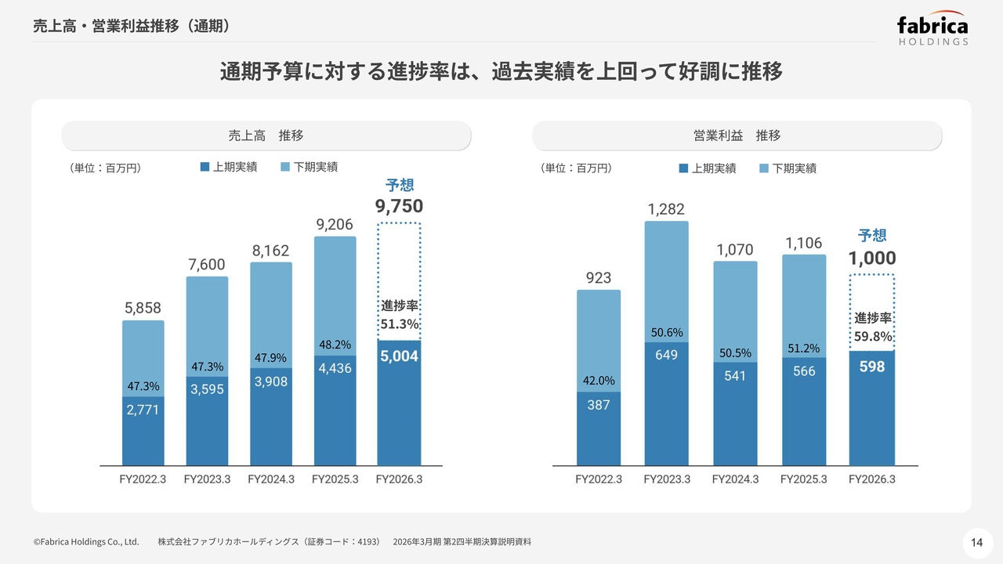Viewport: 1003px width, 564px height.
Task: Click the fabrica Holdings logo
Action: [x=932, y=29]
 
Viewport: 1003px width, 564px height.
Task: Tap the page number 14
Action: [x=976, y=542]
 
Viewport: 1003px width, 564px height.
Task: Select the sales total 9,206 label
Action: [x=335, y=225]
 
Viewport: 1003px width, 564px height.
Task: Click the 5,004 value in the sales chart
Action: [x=400, y=356]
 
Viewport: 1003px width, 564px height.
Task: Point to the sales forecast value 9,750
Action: [x=399, y=206]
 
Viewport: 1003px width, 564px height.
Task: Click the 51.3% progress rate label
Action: [x=400, y=324]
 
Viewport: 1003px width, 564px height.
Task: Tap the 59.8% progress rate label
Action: [x=873, y=336]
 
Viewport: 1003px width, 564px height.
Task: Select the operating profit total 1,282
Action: [x=666, y=209]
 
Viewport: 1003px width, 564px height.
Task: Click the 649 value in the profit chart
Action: [x=666, y=355]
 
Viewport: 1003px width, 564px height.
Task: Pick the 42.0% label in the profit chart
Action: [x=598, y=381]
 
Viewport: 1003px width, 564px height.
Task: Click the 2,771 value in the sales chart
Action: [x=143, y=409]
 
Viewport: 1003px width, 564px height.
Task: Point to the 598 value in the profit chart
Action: [x=872, y=367]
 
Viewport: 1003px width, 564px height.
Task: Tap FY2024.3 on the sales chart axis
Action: [x=271, y=479]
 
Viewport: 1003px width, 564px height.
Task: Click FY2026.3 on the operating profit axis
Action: [x=872, y=479]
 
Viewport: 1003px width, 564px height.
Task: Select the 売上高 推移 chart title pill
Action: [x=266, y=136]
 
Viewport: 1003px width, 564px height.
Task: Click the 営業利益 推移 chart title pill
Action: [x=737, y=136]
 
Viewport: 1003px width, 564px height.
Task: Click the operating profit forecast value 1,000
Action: [x=872, y=258]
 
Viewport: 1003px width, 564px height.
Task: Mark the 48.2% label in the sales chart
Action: [x=335, y=345]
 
